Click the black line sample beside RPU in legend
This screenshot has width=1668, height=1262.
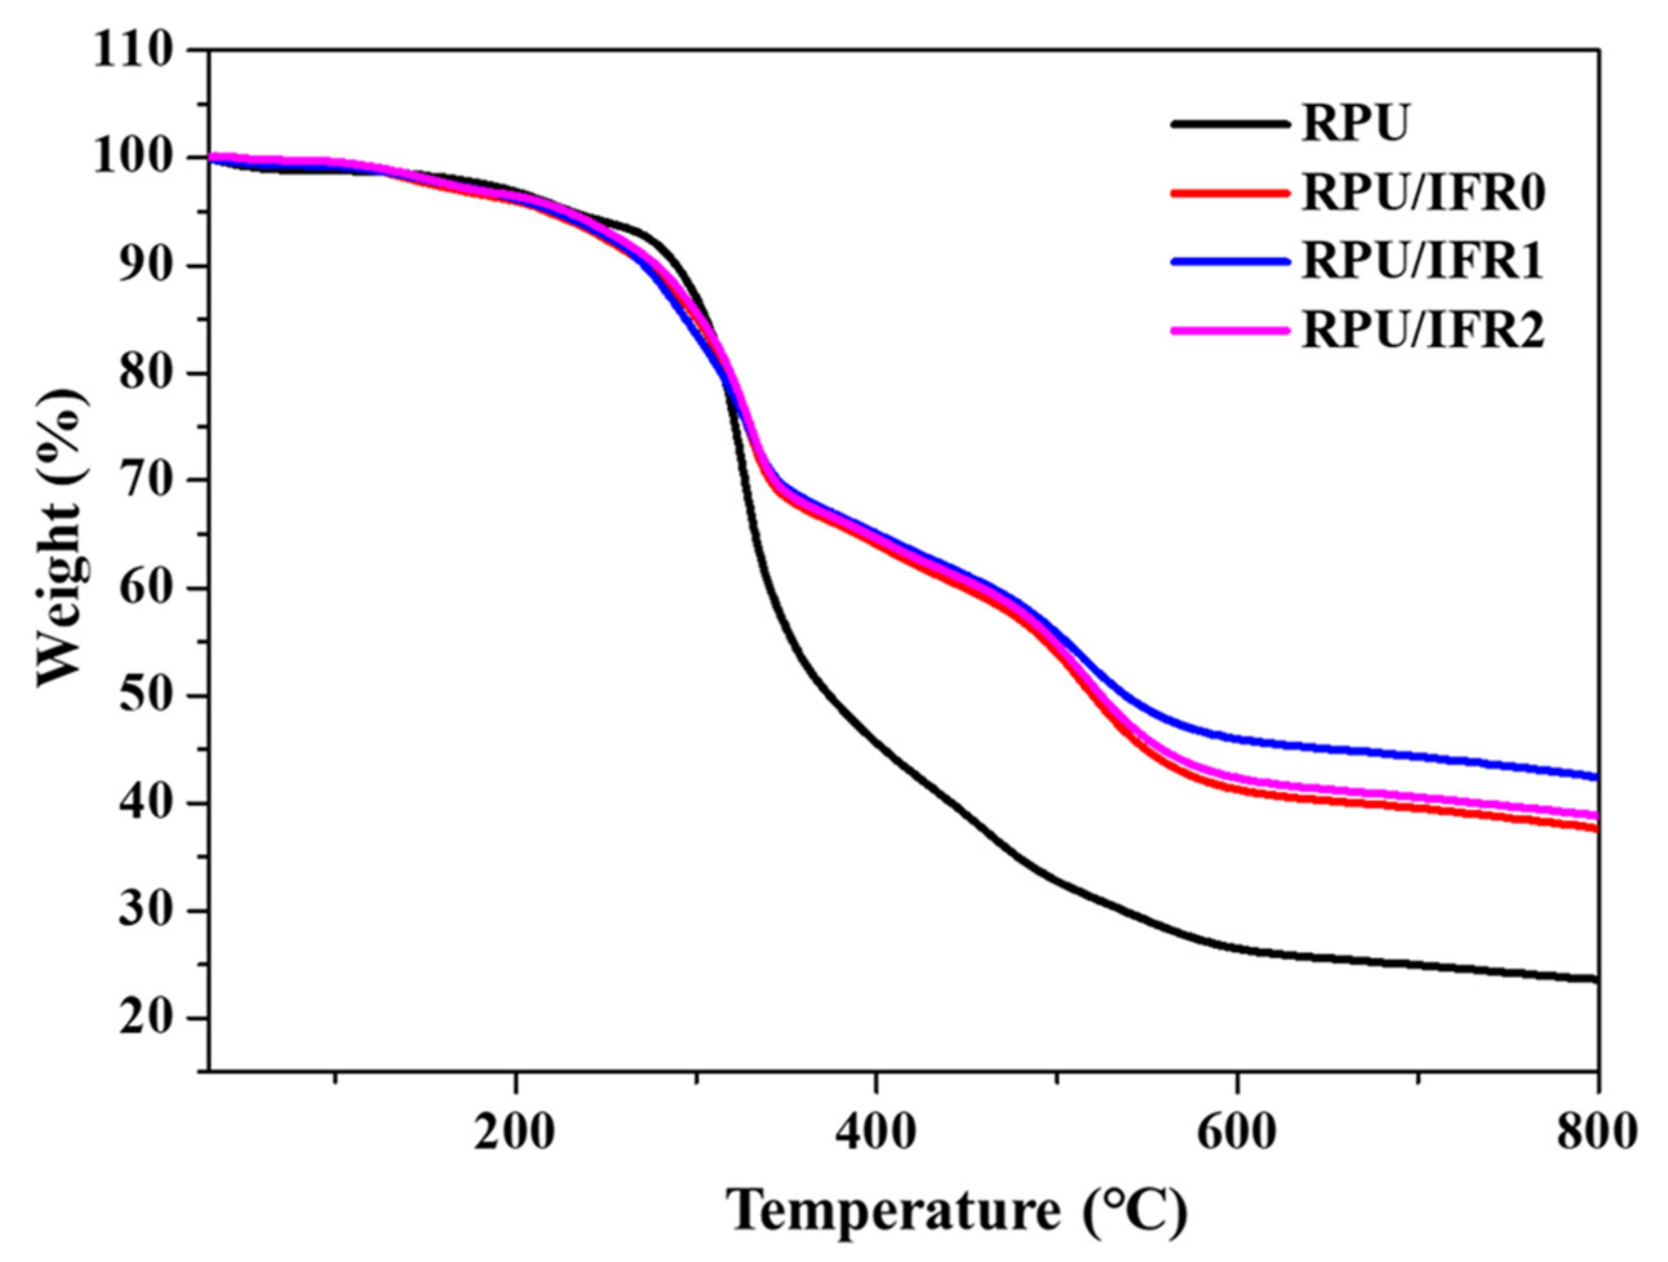pyautogui.click(x=1229, y=125)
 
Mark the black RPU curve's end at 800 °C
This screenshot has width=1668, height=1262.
pyautogui.click(x=1596, y=979)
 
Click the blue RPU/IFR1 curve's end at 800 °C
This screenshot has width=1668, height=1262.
pyautogui.click(x=1596, y=777)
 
